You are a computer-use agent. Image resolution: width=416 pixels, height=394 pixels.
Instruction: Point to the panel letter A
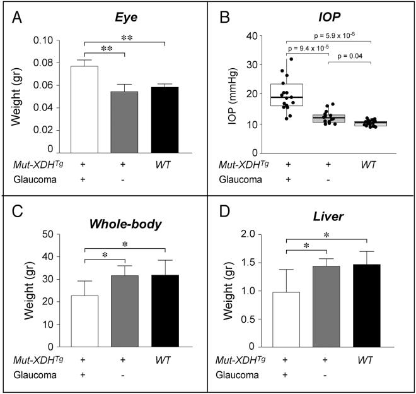pyautogui.click(x=17, y=18)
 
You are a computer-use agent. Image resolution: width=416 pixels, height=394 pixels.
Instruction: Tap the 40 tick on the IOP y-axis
pyautogui.click(x=251, y=35)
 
